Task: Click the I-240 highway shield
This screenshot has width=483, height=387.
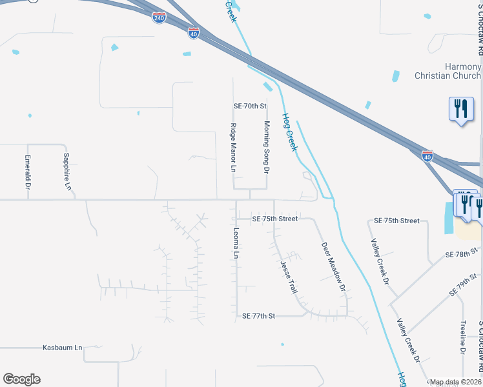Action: pos(159,17)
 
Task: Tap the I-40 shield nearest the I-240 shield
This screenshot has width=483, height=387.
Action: pos(194,32)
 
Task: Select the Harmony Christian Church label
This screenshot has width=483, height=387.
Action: pos(455,71)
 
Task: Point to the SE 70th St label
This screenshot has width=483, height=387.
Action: pos(250,105)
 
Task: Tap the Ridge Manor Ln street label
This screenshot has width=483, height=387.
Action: pos(234,148)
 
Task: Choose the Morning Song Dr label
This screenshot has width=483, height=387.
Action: pos(265,147)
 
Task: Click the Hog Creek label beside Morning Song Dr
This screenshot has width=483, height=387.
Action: pos(289,132)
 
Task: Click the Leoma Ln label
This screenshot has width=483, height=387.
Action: pos(236,243)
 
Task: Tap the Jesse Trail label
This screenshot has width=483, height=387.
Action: pos(288,277)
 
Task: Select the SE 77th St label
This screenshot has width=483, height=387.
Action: pos(258,316)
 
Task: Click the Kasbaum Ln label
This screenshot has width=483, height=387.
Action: pos(62,348)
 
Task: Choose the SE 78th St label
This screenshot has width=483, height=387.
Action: pos(462,253)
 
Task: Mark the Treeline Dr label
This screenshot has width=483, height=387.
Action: pos(463,337)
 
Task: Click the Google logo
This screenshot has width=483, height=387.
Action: pos(21,379)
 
